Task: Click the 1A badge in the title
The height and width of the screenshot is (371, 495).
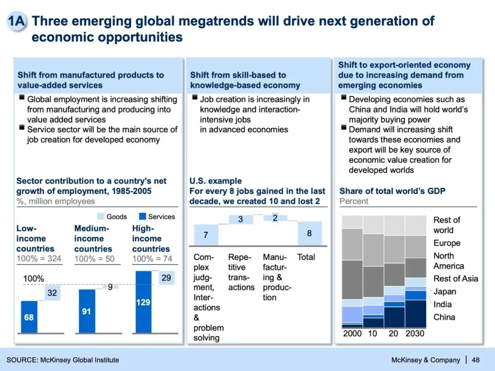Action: click(16, 22)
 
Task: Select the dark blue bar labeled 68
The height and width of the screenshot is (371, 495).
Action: click(29, 317)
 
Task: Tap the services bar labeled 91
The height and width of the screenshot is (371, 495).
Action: click(87, 311)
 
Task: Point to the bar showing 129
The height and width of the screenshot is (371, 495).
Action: click(143, 302)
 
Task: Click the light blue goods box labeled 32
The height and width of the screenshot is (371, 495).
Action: click(52, 293)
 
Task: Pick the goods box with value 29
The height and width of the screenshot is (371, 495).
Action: click(166, 278)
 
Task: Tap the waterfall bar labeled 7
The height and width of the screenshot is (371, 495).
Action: click(206, 235)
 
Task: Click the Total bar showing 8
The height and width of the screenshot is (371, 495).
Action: click(309, 233)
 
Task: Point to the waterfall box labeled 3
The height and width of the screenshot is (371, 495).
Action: click(240, 219)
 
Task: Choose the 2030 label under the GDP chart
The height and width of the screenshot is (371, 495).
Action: click(415, 333)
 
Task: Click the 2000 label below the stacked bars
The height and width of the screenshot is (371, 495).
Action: click(352, 333)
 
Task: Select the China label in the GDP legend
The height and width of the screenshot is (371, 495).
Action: click(444, 317)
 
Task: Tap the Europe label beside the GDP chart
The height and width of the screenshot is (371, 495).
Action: click(446, 243)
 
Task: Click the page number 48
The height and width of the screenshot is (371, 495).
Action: click(476, 360)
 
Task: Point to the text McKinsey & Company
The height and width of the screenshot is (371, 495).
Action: click(426, 360)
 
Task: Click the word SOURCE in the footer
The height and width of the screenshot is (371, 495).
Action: click(22, 360)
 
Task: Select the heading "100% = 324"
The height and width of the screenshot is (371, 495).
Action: click(38, 259)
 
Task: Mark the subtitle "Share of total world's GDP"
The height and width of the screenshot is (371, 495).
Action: click(392, 191)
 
